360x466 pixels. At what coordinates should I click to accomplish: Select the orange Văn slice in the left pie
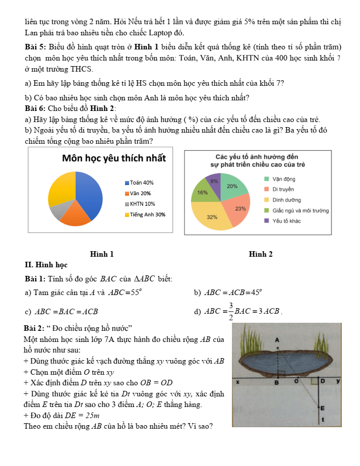[x=75, y=214]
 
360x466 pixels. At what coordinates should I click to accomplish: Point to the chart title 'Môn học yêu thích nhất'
[x=113, y=158]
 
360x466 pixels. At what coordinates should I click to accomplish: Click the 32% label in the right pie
[x=212, y=217]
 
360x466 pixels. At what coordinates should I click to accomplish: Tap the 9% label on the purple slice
[x=214, y=181]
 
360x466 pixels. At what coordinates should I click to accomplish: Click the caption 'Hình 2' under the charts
[x=261, y=254]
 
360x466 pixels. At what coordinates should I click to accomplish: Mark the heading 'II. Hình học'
[x=46, y=265]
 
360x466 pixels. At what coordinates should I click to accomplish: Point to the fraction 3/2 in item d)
[x=230, y=312]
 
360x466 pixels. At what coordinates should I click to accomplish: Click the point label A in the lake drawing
[x=277, y=340]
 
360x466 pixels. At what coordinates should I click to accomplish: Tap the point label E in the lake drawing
[x=322, y=407]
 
